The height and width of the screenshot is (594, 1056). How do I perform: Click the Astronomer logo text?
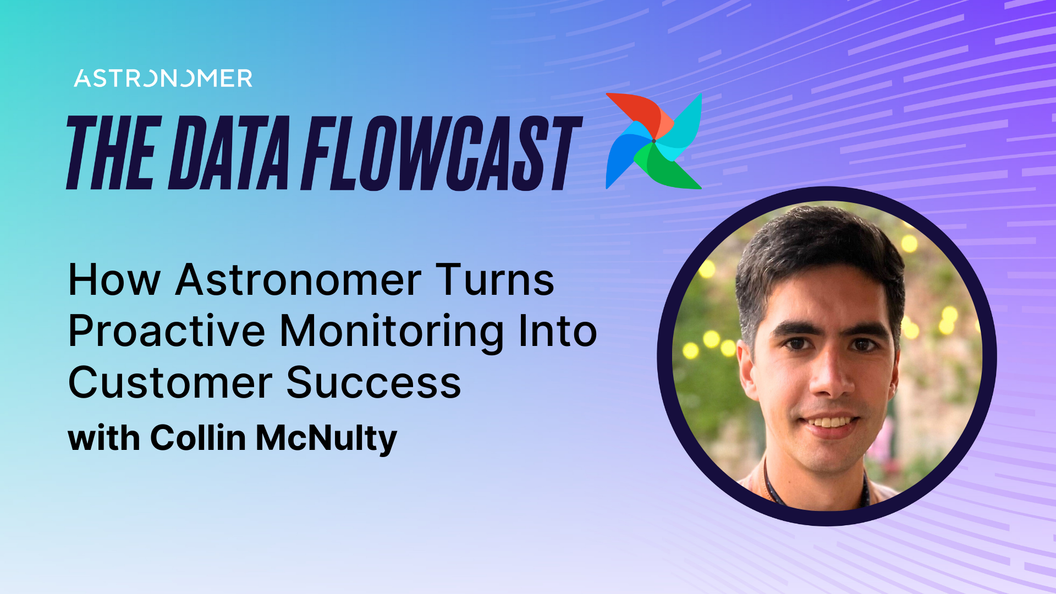163,79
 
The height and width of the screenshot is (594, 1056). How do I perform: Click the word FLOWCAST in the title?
440,153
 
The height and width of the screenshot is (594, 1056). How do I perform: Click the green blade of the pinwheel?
668,170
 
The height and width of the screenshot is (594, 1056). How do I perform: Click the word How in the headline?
114,280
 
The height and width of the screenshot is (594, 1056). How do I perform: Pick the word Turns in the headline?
495,280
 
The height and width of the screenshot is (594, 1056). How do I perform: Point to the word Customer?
169,383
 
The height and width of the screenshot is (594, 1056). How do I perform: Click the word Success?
373,383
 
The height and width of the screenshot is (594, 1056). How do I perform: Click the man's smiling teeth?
831,422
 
